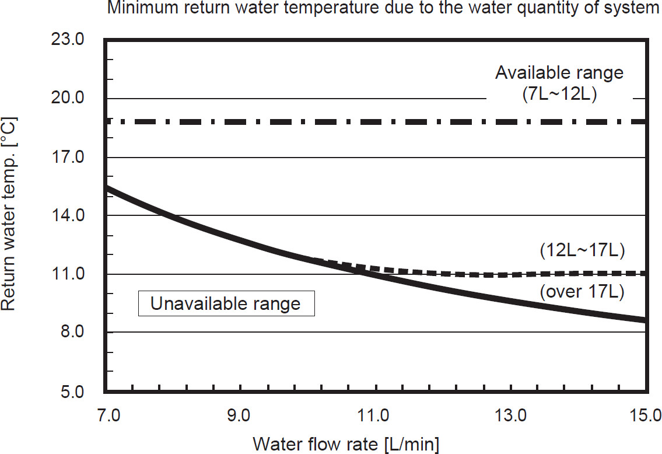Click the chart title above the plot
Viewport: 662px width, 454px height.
(379, 9)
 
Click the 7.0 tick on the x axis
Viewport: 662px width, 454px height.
(107, 415)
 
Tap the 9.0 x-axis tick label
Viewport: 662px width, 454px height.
(239, 415)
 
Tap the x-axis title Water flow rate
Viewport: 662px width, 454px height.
(346, 443)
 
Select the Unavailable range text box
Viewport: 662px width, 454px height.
(226, 304)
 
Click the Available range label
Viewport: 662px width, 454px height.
(559, 73)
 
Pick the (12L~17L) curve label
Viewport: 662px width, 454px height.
(582, 252)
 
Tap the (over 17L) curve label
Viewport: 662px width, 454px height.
(582, 292)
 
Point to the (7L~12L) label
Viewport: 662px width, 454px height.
(559, 95)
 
